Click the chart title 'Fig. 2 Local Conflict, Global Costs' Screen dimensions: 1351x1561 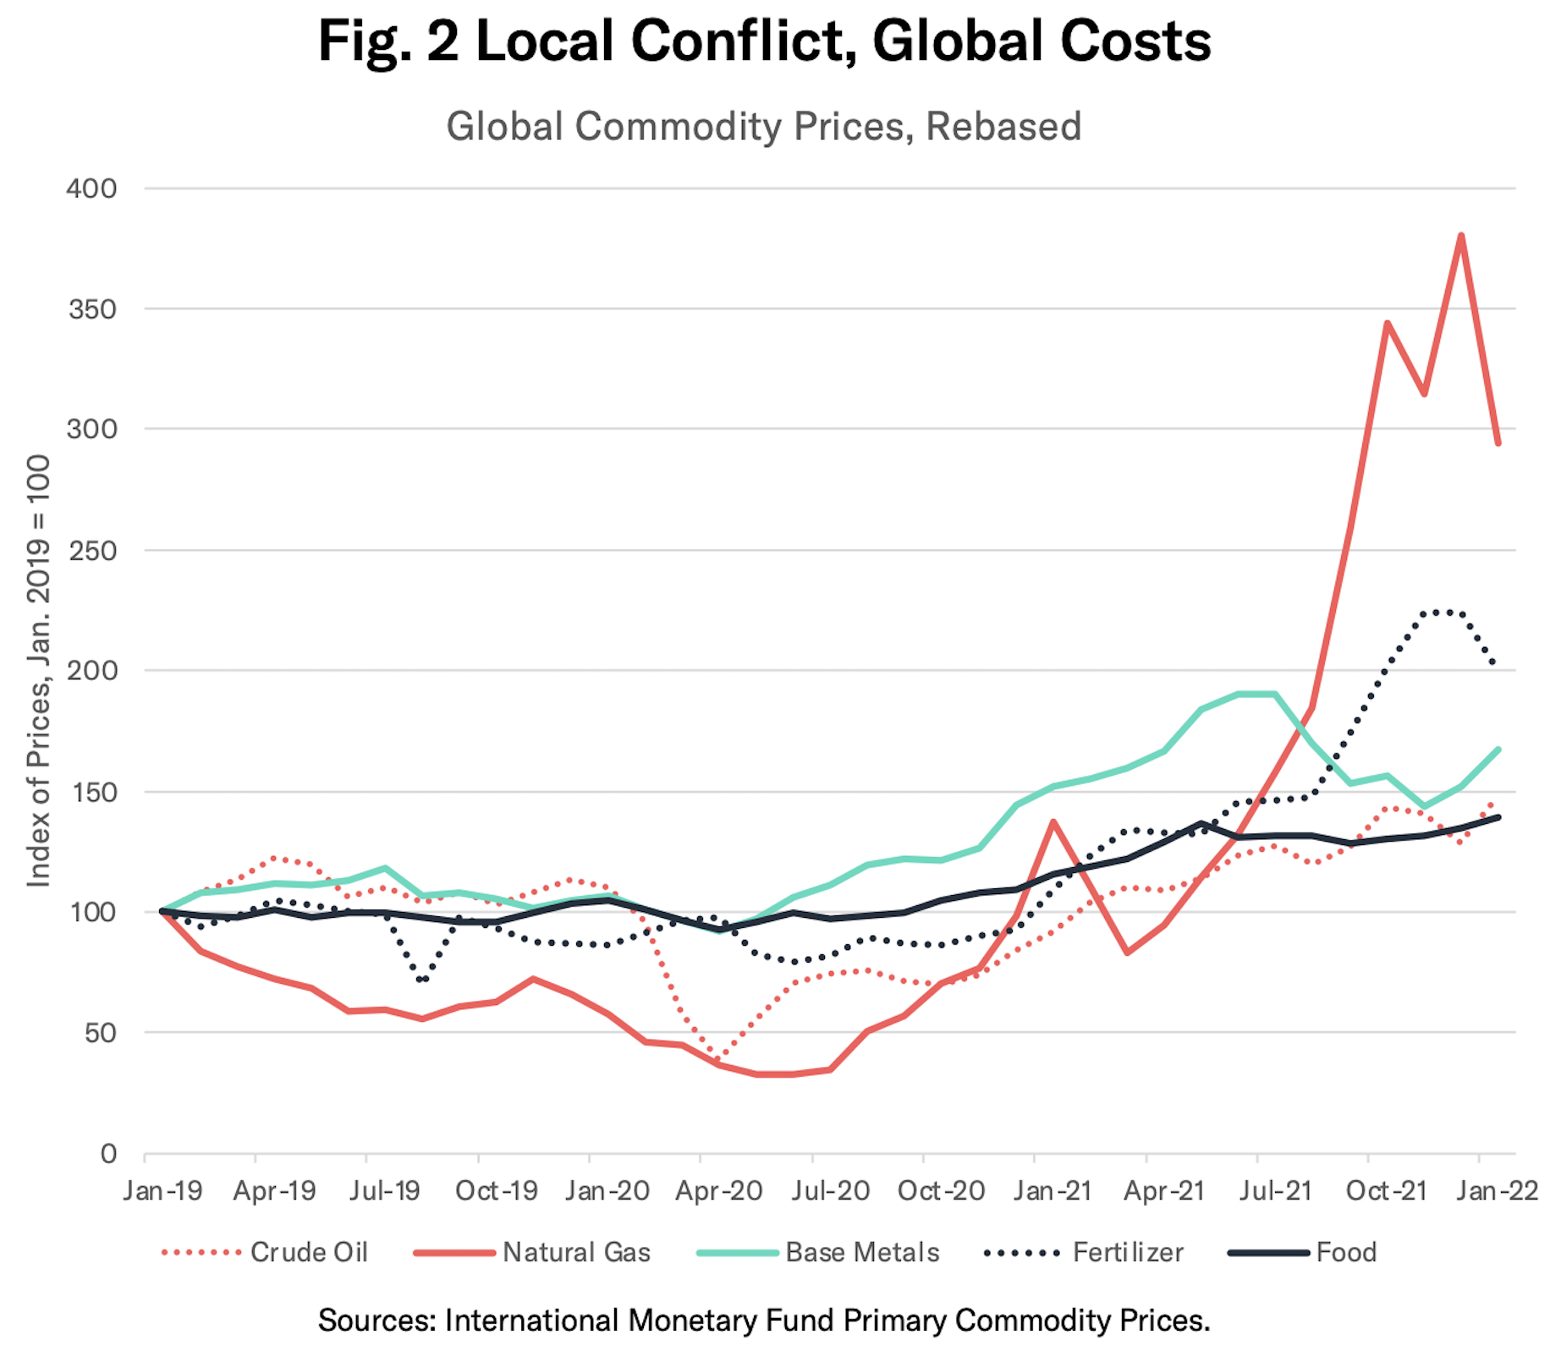(764, 41)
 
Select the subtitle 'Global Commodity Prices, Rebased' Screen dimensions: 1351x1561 (764, 127)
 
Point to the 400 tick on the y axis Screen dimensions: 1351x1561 (91, 188)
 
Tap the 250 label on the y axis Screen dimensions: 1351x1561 (91, 550)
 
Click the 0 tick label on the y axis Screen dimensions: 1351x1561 (108, 1153)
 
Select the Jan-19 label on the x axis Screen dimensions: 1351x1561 (162, 1191)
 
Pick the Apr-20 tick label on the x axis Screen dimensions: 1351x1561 (718, 1191)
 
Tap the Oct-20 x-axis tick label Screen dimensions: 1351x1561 (941, 1191)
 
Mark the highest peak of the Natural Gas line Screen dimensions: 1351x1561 (1461, 235)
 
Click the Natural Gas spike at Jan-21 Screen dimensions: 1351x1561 (1053, 821)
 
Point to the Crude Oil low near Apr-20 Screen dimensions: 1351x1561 (719, 1059)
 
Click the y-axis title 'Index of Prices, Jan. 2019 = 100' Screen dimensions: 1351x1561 (39, 671)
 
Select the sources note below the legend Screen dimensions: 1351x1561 (764, 1320)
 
